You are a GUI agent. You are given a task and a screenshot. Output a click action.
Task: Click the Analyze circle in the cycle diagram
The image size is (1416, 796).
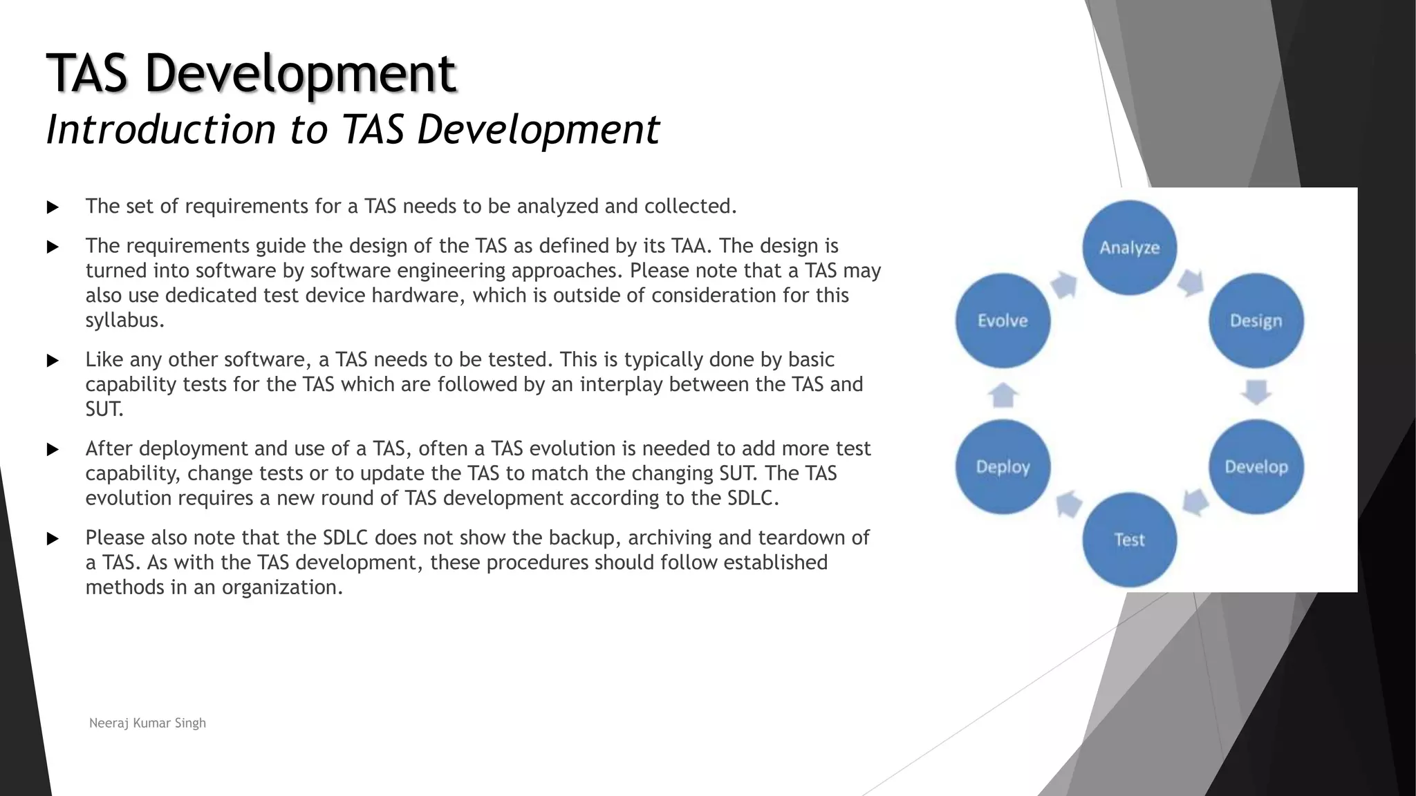(x=1129, y=247)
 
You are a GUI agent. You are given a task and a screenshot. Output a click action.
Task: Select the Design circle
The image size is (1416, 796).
(x=1256, y=321)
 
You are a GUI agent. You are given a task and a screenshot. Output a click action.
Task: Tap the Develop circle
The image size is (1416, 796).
(x=1256, y=467)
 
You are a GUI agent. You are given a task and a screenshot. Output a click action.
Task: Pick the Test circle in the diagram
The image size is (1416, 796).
(x=1129, y=540)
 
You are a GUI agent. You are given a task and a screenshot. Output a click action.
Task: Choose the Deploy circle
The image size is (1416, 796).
(x=1003, y=467)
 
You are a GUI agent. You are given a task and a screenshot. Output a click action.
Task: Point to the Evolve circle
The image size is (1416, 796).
(x=1003, y=321)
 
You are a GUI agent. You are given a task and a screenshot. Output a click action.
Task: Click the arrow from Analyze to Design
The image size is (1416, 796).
(x=1191, y=283)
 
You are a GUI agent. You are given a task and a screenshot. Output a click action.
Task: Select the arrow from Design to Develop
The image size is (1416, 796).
(x=1256, y=392)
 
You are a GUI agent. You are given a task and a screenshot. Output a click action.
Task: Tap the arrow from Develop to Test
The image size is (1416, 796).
(x=1195, y=502)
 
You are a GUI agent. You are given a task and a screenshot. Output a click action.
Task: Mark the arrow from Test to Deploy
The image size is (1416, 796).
(x=1069, y=504)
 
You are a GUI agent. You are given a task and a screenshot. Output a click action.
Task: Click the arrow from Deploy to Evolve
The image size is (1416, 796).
(x=1003, y=395)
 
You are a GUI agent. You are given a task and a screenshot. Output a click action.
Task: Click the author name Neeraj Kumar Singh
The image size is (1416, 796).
(x=147, y=723)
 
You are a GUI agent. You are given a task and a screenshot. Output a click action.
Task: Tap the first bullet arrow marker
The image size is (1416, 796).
(x=53, y=207)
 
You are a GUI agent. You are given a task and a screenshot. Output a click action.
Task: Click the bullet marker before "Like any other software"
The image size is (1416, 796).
(x=53, y=361)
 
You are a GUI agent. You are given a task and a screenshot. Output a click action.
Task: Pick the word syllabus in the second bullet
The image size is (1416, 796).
(x=124, y=321)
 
